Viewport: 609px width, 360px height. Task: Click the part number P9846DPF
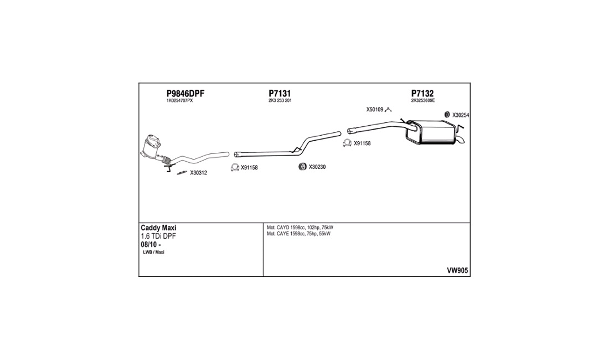185,94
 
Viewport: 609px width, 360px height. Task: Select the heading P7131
280,94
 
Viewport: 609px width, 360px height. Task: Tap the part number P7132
422,94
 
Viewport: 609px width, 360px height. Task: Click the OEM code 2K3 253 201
280,101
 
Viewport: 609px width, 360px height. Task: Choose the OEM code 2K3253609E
423,101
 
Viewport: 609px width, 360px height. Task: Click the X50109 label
375,110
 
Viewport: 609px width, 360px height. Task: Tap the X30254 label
461,115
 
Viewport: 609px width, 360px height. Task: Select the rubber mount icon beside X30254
447,115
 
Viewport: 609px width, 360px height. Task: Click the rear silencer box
431,132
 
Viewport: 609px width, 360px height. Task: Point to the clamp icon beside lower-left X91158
235,167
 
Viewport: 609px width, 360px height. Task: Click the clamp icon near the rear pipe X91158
347,143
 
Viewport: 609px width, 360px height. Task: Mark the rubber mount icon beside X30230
302,167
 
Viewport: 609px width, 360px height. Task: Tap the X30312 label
198,173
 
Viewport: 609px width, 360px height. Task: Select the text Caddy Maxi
158,228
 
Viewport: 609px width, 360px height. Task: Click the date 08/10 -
151,245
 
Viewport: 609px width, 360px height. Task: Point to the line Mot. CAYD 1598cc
300,228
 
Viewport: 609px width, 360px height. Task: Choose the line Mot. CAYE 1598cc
298,234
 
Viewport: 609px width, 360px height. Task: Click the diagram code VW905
457,271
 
